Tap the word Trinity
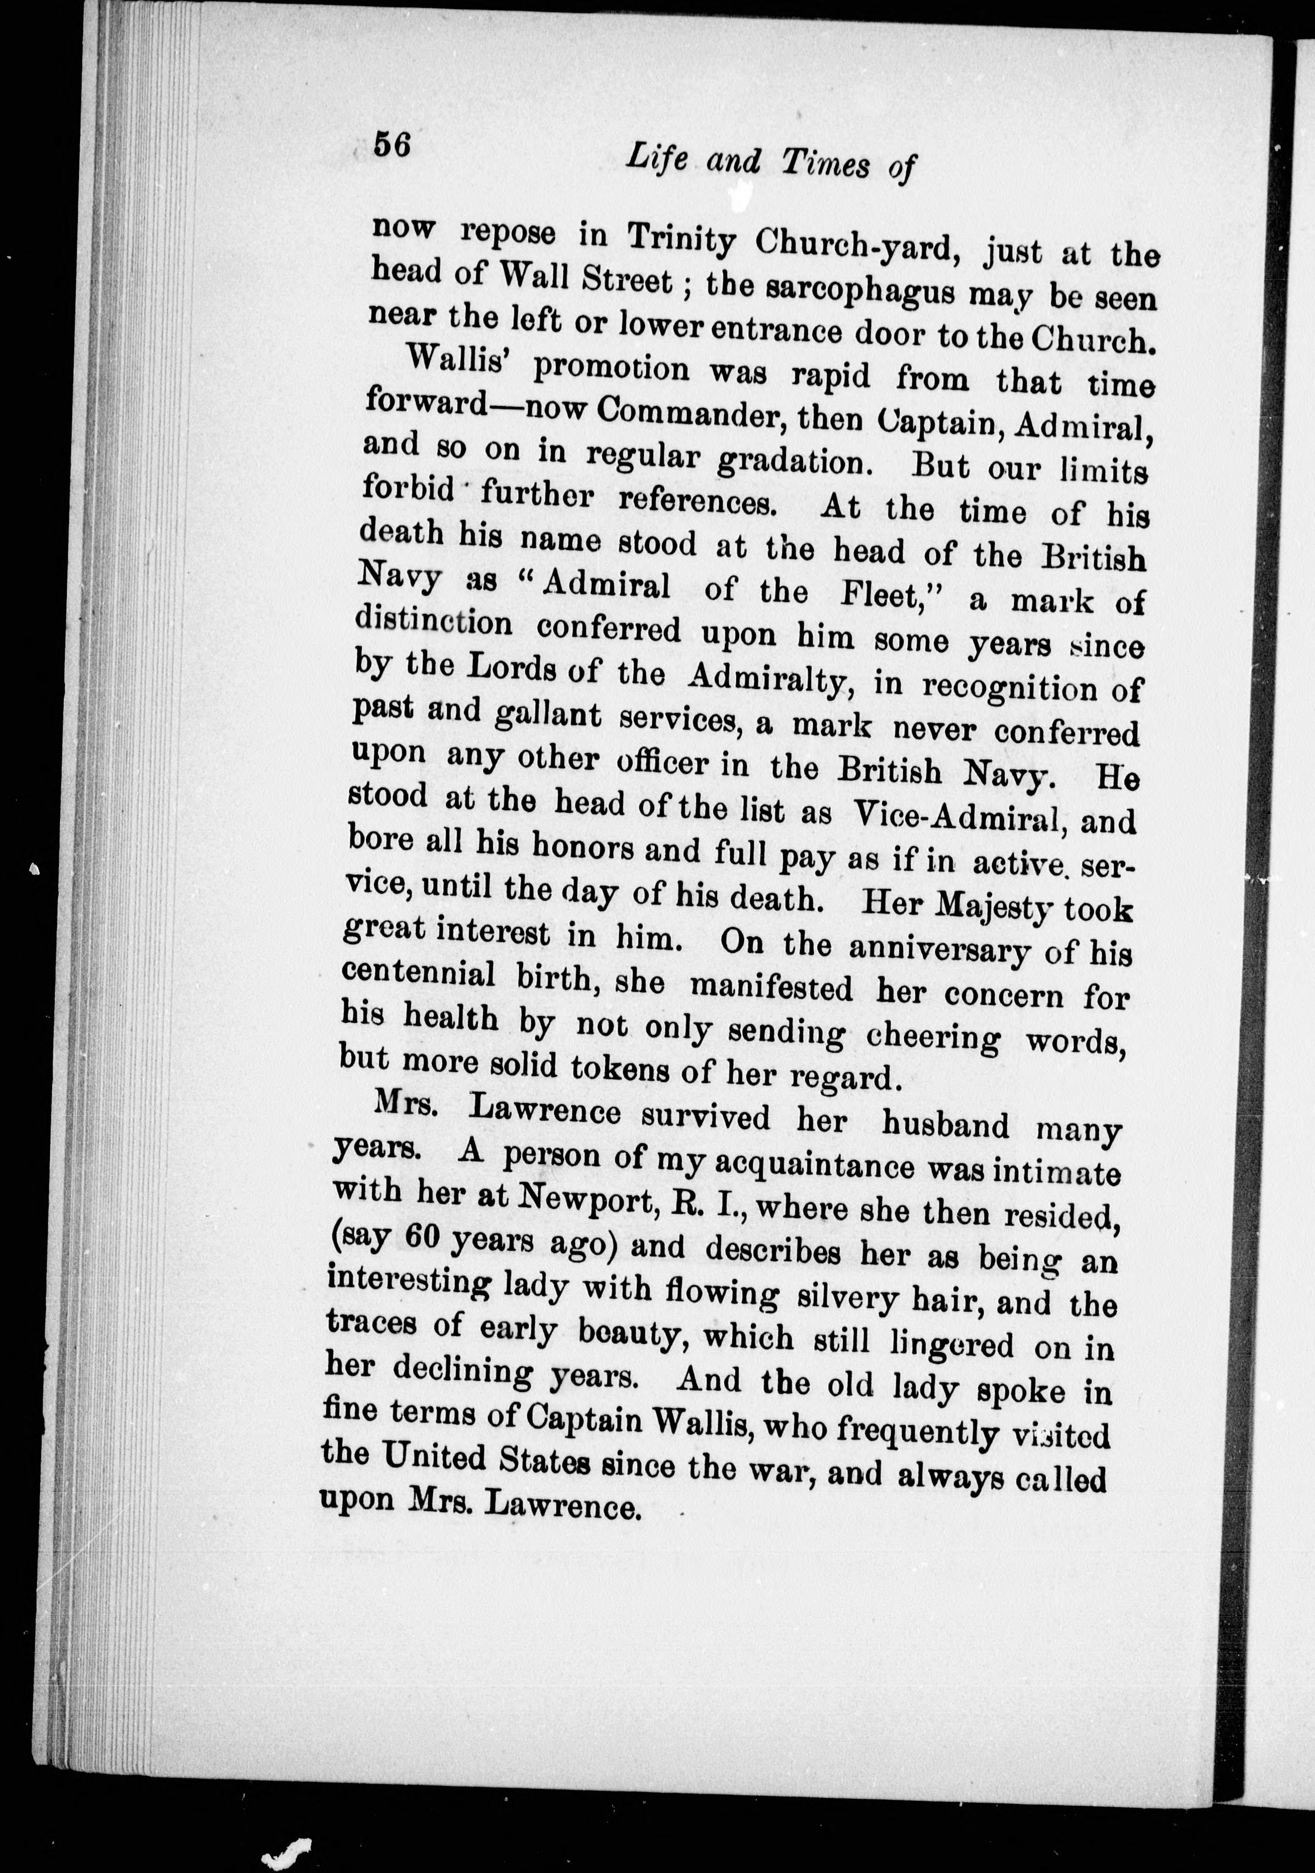click(x=682, y=237)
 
